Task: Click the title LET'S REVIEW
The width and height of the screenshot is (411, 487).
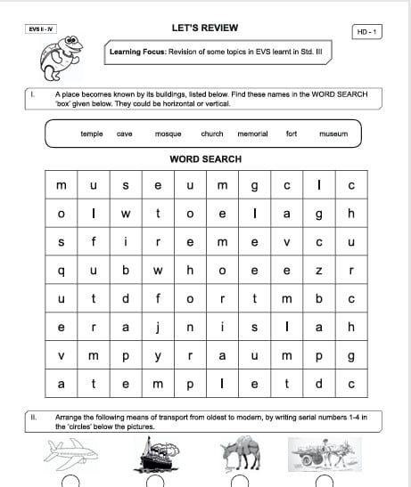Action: (205, 28)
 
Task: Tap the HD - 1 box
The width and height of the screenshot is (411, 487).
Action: (366, 32)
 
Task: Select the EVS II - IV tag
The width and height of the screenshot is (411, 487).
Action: (41, 29)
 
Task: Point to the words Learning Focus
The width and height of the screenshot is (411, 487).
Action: (136, 53)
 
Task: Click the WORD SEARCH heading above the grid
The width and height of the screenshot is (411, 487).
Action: (205, 159)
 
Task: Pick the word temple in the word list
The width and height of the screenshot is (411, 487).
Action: (92, 134)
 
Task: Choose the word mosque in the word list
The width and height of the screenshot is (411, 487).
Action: (168, 134)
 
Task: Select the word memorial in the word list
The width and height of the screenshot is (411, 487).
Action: (252, 134)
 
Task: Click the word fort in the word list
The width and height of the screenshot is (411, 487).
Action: (292, 134)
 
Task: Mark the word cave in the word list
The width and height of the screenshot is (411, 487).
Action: (125, 134)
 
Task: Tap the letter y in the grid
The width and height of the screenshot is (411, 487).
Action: (157, 356)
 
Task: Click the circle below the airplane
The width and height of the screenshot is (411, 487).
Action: (70, 481)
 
